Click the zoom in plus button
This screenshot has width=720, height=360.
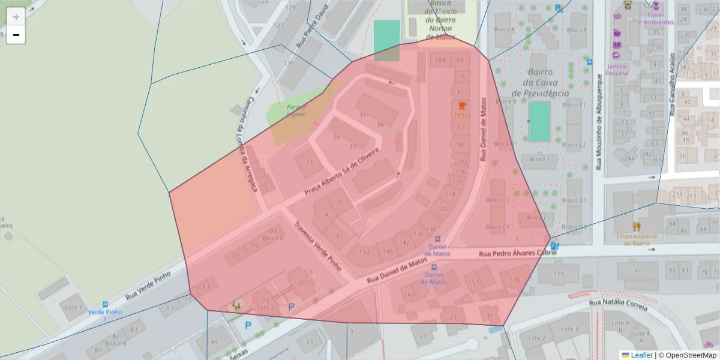tap(16, 16)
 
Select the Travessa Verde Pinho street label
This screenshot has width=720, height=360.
tap(317, 247)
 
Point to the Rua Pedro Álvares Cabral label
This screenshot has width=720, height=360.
tap(518, 254)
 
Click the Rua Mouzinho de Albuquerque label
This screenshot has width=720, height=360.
tap(599, 122)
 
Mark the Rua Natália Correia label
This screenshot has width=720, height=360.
tap(619, 306)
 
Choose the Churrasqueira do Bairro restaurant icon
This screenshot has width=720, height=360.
tap(636, 226)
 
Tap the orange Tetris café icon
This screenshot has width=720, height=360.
tap(462, 106)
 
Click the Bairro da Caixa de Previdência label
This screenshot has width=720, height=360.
tap(541, 83)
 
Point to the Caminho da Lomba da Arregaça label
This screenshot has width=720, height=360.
tap(247, 144)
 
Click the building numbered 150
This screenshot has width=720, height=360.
tap(364, 252)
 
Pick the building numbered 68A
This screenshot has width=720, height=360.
tap(440, 60)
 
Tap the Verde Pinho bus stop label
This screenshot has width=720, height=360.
tap(105, 312)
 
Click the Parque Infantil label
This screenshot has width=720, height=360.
tap(296, 110)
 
